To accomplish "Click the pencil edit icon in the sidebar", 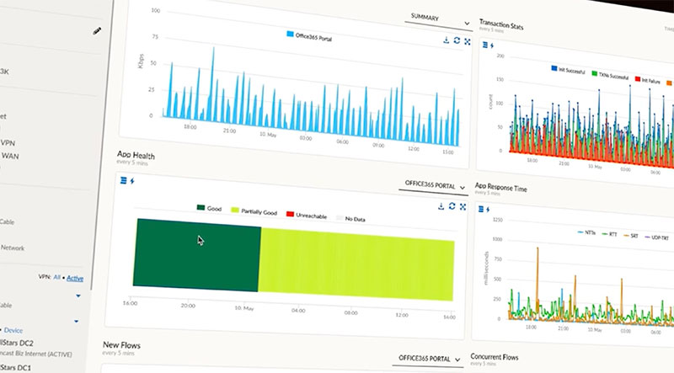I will [x=98, y=31].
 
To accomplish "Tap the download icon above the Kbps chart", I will [x=445, y=40].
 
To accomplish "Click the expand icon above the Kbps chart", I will [x=464, y=40].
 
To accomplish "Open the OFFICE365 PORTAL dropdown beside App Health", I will [x=434, y=185].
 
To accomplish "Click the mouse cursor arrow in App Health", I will [x=201, y=240].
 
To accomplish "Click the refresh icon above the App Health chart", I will [x=452, y=205].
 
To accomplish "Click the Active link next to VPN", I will [x=75, y=278].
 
